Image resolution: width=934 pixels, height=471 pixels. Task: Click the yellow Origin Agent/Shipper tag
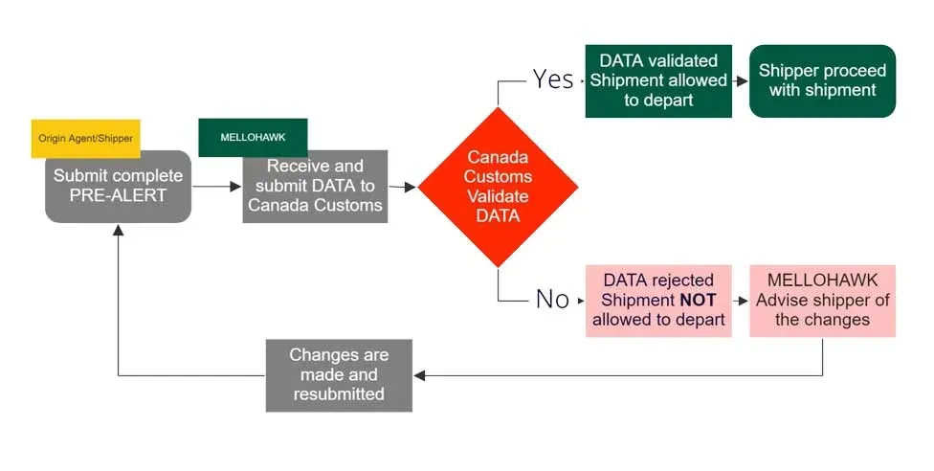85,138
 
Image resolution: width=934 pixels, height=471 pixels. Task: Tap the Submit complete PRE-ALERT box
118,187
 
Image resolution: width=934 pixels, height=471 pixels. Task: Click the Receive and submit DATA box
315,187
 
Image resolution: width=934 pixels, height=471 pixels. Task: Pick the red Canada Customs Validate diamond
498,187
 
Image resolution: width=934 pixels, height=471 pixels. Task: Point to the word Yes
553,79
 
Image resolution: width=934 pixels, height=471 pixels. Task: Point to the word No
552,300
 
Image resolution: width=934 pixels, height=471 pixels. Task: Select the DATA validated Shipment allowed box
658,80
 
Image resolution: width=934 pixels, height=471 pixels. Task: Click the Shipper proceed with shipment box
822,80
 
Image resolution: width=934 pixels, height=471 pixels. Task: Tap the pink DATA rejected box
658,300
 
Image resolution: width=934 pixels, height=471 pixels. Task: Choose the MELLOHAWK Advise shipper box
822,300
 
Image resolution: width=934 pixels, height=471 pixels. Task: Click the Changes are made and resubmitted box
339,374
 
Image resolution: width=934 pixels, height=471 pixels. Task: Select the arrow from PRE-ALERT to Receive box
217,188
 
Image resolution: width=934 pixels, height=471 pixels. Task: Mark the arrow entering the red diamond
405,188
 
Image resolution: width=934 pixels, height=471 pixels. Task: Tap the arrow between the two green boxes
741,81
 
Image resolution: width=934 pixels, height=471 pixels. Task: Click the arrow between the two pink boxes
741,301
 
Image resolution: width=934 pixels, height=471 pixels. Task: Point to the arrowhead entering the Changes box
419,375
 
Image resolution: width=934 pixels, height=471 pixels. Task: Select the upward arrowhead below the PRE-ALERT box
118,231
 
